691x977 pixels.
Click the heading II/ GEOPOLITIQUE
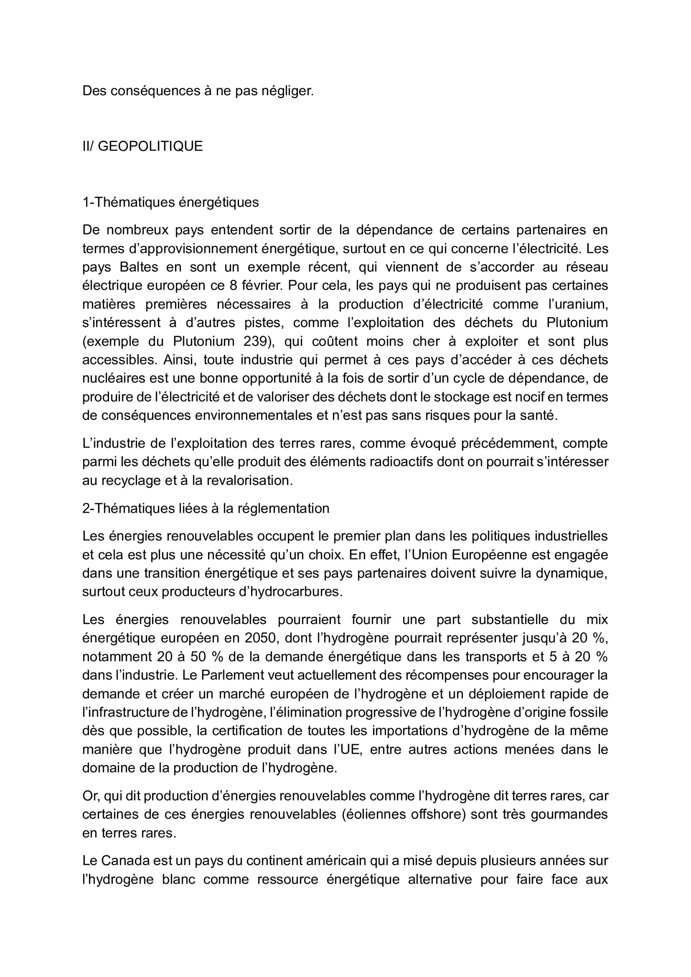click(143, 146)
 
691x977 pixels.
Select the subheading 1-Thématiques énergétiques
click(170, 202)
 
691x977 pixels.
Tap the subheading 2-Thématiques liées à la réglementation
click(206, 508)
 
